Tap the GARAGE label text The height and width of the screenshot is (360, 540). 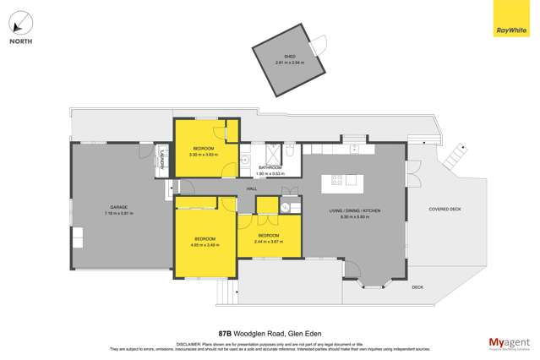117,208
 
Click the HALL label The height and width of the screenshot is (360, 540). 252,189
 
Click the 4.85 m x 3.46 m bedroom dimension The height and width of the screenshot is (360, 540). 205,244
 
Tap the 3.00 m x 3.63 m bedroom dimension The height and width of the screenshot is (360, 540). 203,155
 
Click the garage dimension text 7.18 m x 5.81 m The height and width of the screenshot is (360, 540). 117,213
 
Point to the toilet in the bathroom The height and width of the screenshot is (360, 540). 289,150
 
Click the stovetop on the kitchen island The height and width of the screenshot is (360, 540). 337,179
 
